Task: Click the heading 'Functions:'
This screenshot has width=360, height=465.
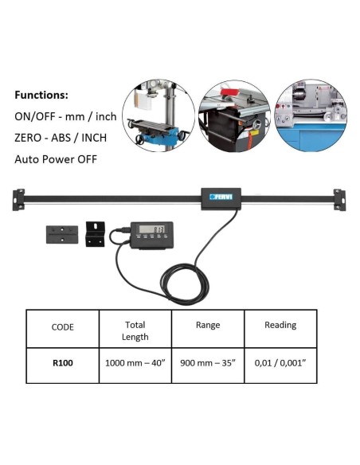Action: [41, 96]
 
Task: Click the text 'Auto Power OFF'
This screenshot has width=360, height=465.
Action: [56, 159]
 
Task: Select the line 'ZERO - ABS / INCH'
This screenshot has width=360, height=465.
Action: [61, 138]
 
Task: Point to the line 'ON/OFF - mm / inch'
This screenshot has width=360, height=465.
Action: [65, 116]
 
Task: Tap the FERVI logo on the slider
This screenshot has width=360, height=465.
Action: [221, 197]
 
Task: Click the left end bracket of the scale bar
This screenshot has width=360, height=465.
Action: [18, 200]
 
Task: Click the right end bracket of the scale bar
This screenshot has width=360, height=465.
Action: [339, 200]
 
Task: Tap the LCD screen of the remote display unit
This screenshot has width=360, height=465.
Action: [151, 229]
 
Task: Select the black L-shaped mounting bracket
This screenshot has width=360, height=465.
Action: [95, 234]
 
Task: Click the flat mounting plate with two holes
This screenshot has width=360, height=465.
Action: [62, 235]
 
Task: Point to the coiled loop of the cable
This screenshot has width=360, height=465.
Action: [185, 284]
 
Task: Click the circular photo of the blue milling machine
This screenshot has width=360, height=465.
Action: [158, 115]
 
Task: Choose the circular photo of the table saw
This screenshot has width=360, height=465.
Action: [235, 115]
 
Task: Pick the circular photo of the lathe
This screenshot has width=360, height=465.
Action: [311, 115]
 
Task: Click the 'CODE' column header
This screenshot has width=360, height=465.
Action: [63, 327]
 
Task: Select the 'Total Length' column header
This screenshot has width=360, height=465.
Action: [135, 330]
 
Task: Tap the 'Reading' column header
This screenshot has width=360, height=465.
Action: [280, 325]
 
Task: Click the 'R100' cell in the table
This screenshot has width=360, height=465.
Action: [63, 363]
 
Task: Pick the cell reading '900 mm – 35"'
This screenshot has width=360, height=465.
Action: [208, 363]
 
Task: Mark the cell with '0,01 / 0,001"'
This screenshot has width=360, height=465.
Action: [280, 363]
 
